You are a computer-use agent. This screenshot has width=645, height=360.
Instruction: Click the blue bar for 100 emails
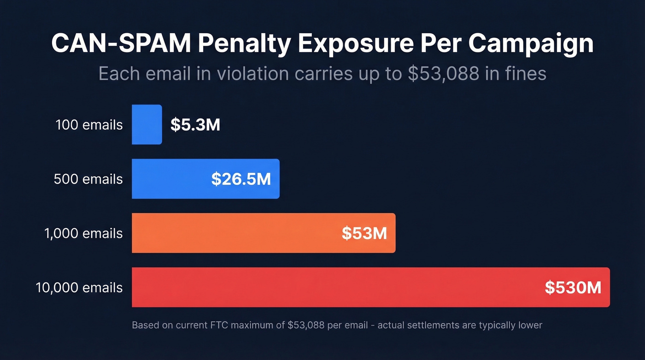[x=147, y=124]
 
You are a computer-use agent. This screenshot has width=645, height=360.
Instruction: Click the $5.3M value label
[x=195, y=125]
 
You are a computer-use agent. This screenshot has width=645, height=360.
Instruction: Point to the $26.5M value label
[x=241, y=179]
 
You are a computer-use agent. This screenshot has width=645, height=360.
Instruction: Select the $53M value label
[x=364, y=233]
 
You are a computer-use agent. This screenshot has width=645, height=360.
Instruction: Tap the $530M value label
[x=573, y=288]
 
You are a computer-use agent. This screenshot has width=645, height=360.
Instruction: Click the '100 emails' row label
[x=89, y=125]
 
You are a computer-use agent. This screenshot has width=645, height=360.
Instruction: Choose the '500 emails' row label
[x=88, y=179]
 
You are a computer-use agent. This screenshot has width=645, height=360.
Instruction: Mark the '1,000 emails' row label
[x=83, y=233]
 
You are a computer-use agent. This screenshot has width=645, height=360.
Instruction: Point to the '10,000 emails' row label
[x=79, y=288]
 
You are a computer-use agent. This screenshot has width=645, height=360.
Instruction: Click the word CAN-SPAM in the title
[x=120, y=44]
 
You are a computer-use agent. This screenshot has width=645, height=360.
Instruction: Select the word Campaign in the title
[x=531, y=44]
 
